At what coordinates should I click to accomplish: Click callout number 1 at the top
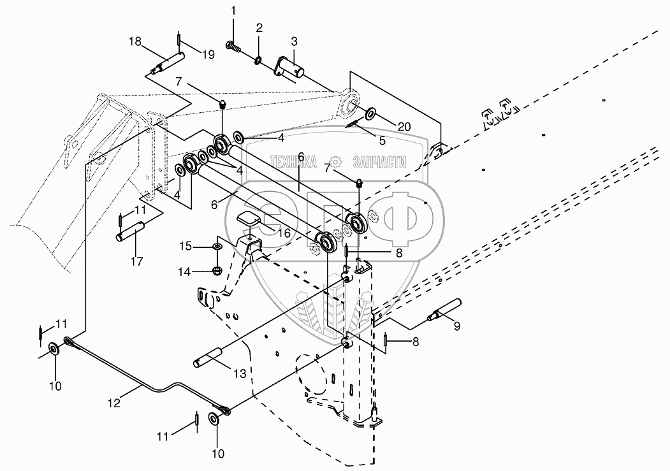click(x=233, y=10)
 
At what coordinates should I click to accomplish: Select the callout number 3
click(x=294, y=42)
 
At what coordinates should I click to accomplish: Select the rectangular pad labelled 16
click(x=249, y=220)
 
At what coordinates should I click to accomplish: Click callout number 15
click(x=184, y=245)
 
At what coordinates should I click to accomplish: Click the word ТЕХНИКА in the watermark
click(x=293, y=163)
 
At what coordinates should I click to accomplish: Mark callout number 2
click(x=259, y=27)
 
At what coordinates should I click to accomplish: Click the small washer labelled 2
click(x=256, y=61)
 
